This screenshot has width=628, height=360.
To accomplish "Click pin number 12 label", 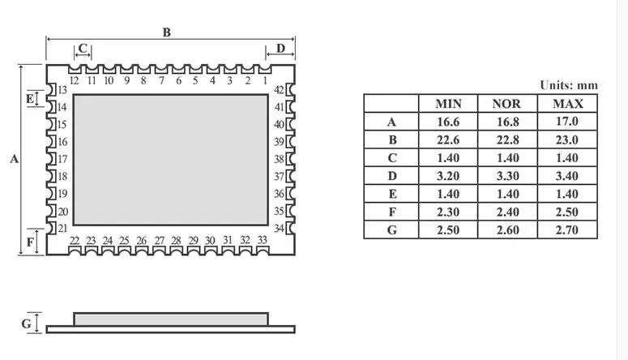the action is (x=74, y=80).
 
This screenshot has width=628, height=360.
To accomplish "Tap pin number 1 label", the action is (x=265, y=80).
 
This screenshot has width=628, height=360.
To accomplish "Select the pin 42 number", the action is (x=279, y=90).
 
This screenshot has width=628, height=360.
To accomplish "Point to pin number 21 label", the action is (x=62, y=228).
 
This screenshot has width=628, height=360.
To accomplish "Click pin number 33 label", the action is (x=262, y=240).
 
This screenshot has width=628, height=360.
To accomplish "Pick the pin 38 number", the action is (x=279, y=159).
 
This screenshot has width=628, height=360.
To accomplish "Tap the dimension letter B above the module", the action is (x=167, y=32).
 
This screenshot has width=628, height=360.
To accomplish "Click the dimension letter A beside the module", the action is (x=14, y=159).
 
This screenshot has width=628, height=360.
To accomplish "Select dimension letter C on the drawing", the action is (x=83, y=48).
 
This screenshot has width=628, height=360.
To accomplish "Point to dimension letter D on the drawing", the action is (x=280, y=48).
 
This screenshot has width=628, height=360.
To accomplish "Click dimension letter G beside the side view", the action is (x=27, y=324).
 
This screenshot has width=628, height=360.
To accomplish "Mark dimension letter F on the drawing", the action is (x=30, y=242).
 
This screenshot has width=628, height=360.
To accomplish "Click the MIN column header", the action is (x=448, y=104).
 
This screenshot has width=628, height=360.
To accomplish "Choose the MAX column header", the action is (x=567, y=104).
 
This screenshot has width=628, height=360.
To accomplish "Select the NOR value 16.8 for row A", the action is (x=508, y=122).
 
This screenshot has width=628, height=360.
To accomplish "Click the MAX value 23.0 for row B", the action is (x=567, y=139).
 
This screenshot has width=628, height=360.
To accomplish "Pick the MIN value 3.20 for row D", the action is (x=448, y=176).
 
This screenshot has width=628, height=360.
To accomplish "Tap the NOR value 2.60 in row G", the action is (x=508, y=229).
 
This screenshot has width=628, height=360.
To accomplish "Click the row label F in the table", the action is (x=392, y=212).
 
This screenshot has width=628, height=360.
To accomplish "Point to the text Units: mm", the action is (x=569, y=85).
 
